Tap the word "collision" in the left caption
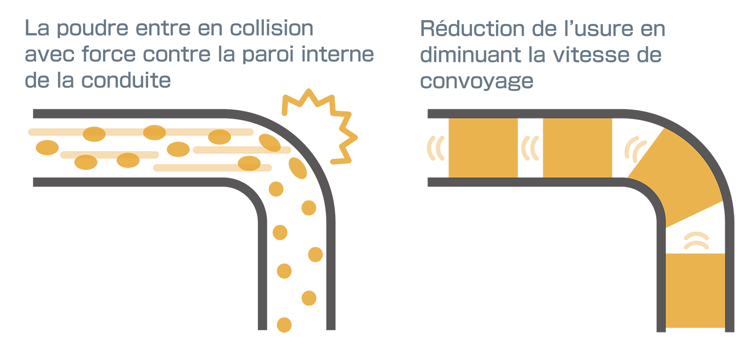click(271, 28)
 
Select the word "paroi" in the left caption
click(268, 55)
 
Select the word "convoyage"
click(476, 81)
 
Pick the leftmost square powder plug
click(483, 148)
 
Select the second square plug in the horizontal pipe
click(577, 148)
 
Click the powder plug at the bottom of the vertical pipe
click(695, 290)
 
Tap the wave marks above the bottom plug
click(696, 240)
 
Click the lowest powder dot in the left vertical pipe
click(284, 324)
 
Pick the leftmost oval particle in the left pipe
click(47, 147)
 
